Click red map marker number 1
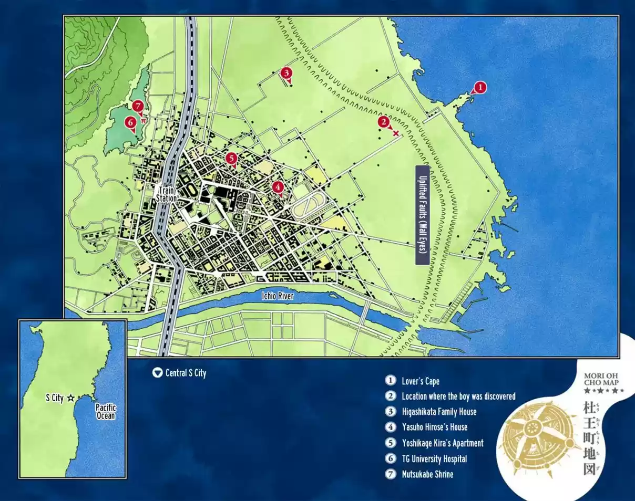click(x=479, y=87)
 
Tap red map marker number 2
click(x=384, y=122)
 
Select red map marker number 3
click(x=286, y=73)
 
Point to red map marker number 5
click(x=231, y=158)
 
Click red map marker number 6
click(x=130, y=122)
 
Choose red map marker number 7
click(x=138, y=106)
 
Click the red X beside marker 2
click(x=395, y=133)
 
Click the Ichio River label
click(x=277, y=296)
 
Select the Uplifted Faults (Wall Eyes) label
click(x=423, y=215)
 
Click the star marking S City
click(x=71, y=398)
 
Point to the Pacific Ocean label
click(x=105, y=411)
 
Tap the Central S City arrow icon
click(x=157, y=373)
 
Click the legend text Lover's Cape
click(x=420, y=381)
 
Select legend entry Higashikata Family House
click(x=439, y=412)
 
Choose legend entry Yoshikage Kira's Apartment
click(x=442, y=443)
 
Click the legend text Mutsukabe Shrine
click(x=427, y=474)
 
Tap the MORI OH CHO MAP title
click(x=604, y=380)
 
